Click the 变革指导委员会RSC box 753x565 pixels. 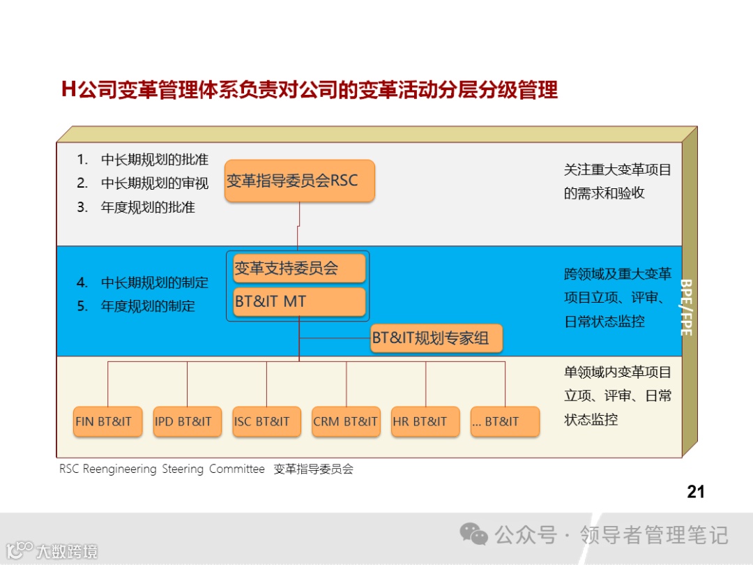pos(300,181)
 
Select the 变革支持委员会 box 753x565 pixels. pos(299,269)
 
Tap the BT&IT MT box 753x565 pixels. pos(299,302)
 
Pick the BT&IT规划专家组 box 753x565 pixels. pos(436,339)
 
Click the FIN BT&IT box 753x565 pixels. pos(107,422)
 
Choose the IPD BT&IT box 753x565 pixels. pos(187,422)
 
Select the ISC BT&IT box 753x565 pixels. pos(266,422)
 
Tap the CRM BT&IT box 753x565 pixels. pos(346,422)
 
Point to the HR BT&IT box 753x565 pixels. pos(425,422)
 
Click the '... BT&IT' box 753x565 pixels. pos(505,422)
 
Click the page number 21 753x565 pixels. pos(696,492)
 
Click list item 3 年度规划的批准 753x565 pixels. pos(147,207)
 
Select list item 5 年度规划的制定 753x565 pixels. pos(147,306)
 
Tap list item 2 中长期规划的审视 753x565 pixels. pos(154,183)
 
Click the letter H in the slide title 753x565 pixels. pos(68,91)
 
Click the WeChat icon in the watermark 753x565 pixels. pos(473,534)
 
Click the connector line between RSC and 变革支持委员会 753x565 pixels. pos(299,227)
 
